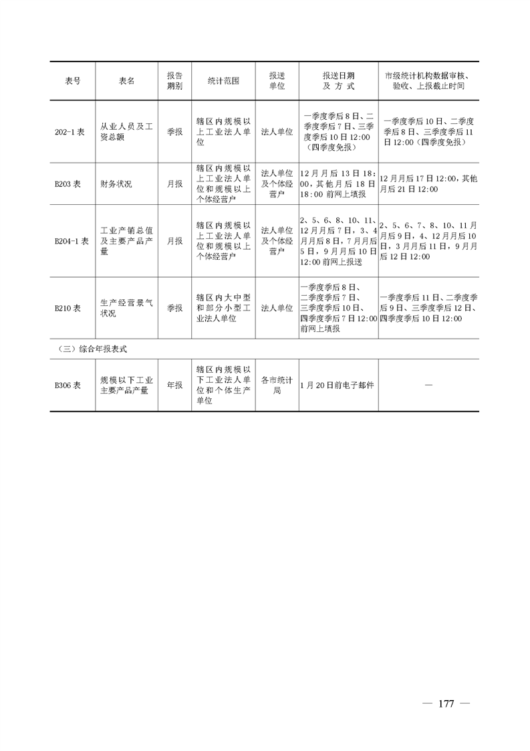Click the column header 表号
pos(73,81)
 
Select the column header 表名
pos(127,81)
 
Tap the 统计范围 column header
pos(223,81)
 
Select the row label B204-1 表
pos(72,241)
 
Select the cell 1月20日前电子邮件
pos(338,385)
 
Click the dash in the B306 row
pos(428,385)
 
